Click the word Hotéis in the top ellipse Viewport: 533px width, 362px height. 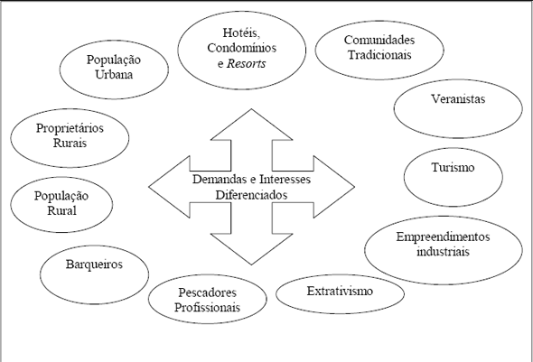coord(241,32)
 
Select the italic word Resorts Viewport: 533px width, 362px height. coord(246,63)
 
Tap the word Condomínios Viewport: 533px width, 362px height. coord(242,48)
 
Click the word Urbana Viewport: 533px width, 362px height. coord(114,74)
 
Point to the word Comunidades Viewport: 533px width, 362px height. coord(379,40)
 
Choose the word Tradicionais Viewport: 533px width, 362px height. coord(379,55)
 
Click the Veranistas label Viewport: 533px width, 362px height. coord(458,98)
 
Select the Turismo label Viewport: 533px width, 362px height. coord(453,167)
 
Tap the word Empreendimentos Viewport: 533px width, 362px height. coord(443,237)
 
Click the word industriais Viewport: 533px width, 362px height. coord(443,252)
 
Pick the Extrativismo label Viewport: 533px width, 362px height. coord(340,291)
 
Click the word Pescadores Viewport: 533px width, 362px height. coord(208,292)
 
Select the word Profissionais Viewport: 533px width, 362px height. coord(208,307)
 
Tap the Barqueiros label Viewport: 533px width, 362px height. coord(94,265)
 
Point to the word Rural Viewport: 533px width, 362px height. coord(61,210)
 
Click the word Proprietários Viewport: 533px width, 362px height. coord(70,128)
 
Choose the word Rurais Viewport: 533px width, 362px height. coord(70,143)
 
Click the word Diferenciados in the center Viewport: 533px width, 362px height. coord(251,195)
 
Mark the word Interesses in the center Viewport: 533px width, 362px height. coord(285,180)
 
